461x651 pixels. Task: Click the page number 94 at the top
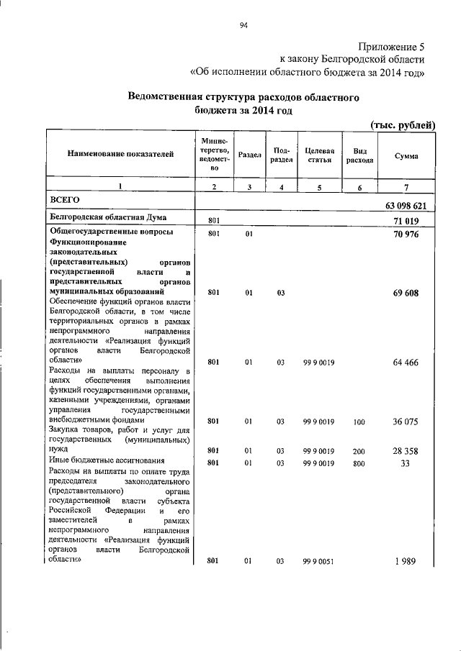pos(243,27)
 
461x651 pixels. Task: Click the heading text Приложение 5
pos(394,45)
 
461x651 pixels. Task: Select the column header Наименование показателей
pos(121,154)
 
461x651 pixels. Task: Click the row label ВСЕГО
pos(63,198)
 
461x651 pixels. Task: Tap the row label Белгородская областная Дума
pos(107,217)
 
